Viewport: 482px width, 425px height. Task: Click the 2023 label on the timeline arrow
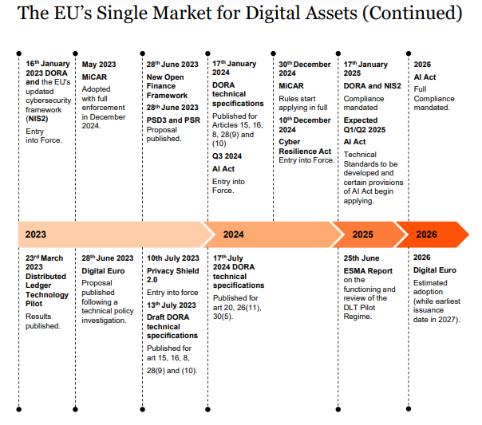[x=36, y=234]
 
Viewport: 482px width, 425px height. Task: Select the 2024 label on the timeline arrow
[x=233, y=234]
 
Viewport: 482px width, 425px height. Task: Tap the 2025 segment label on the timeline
[x=362, y=234]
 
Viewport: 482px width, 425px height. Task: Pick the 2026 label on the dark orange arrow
[x=426, y=234]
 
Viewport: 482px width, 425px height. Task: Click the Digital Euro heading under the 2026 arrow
[x=435, y=270]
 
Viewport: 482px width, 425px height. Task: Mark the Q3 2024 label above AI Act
[x=227, y=156]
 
